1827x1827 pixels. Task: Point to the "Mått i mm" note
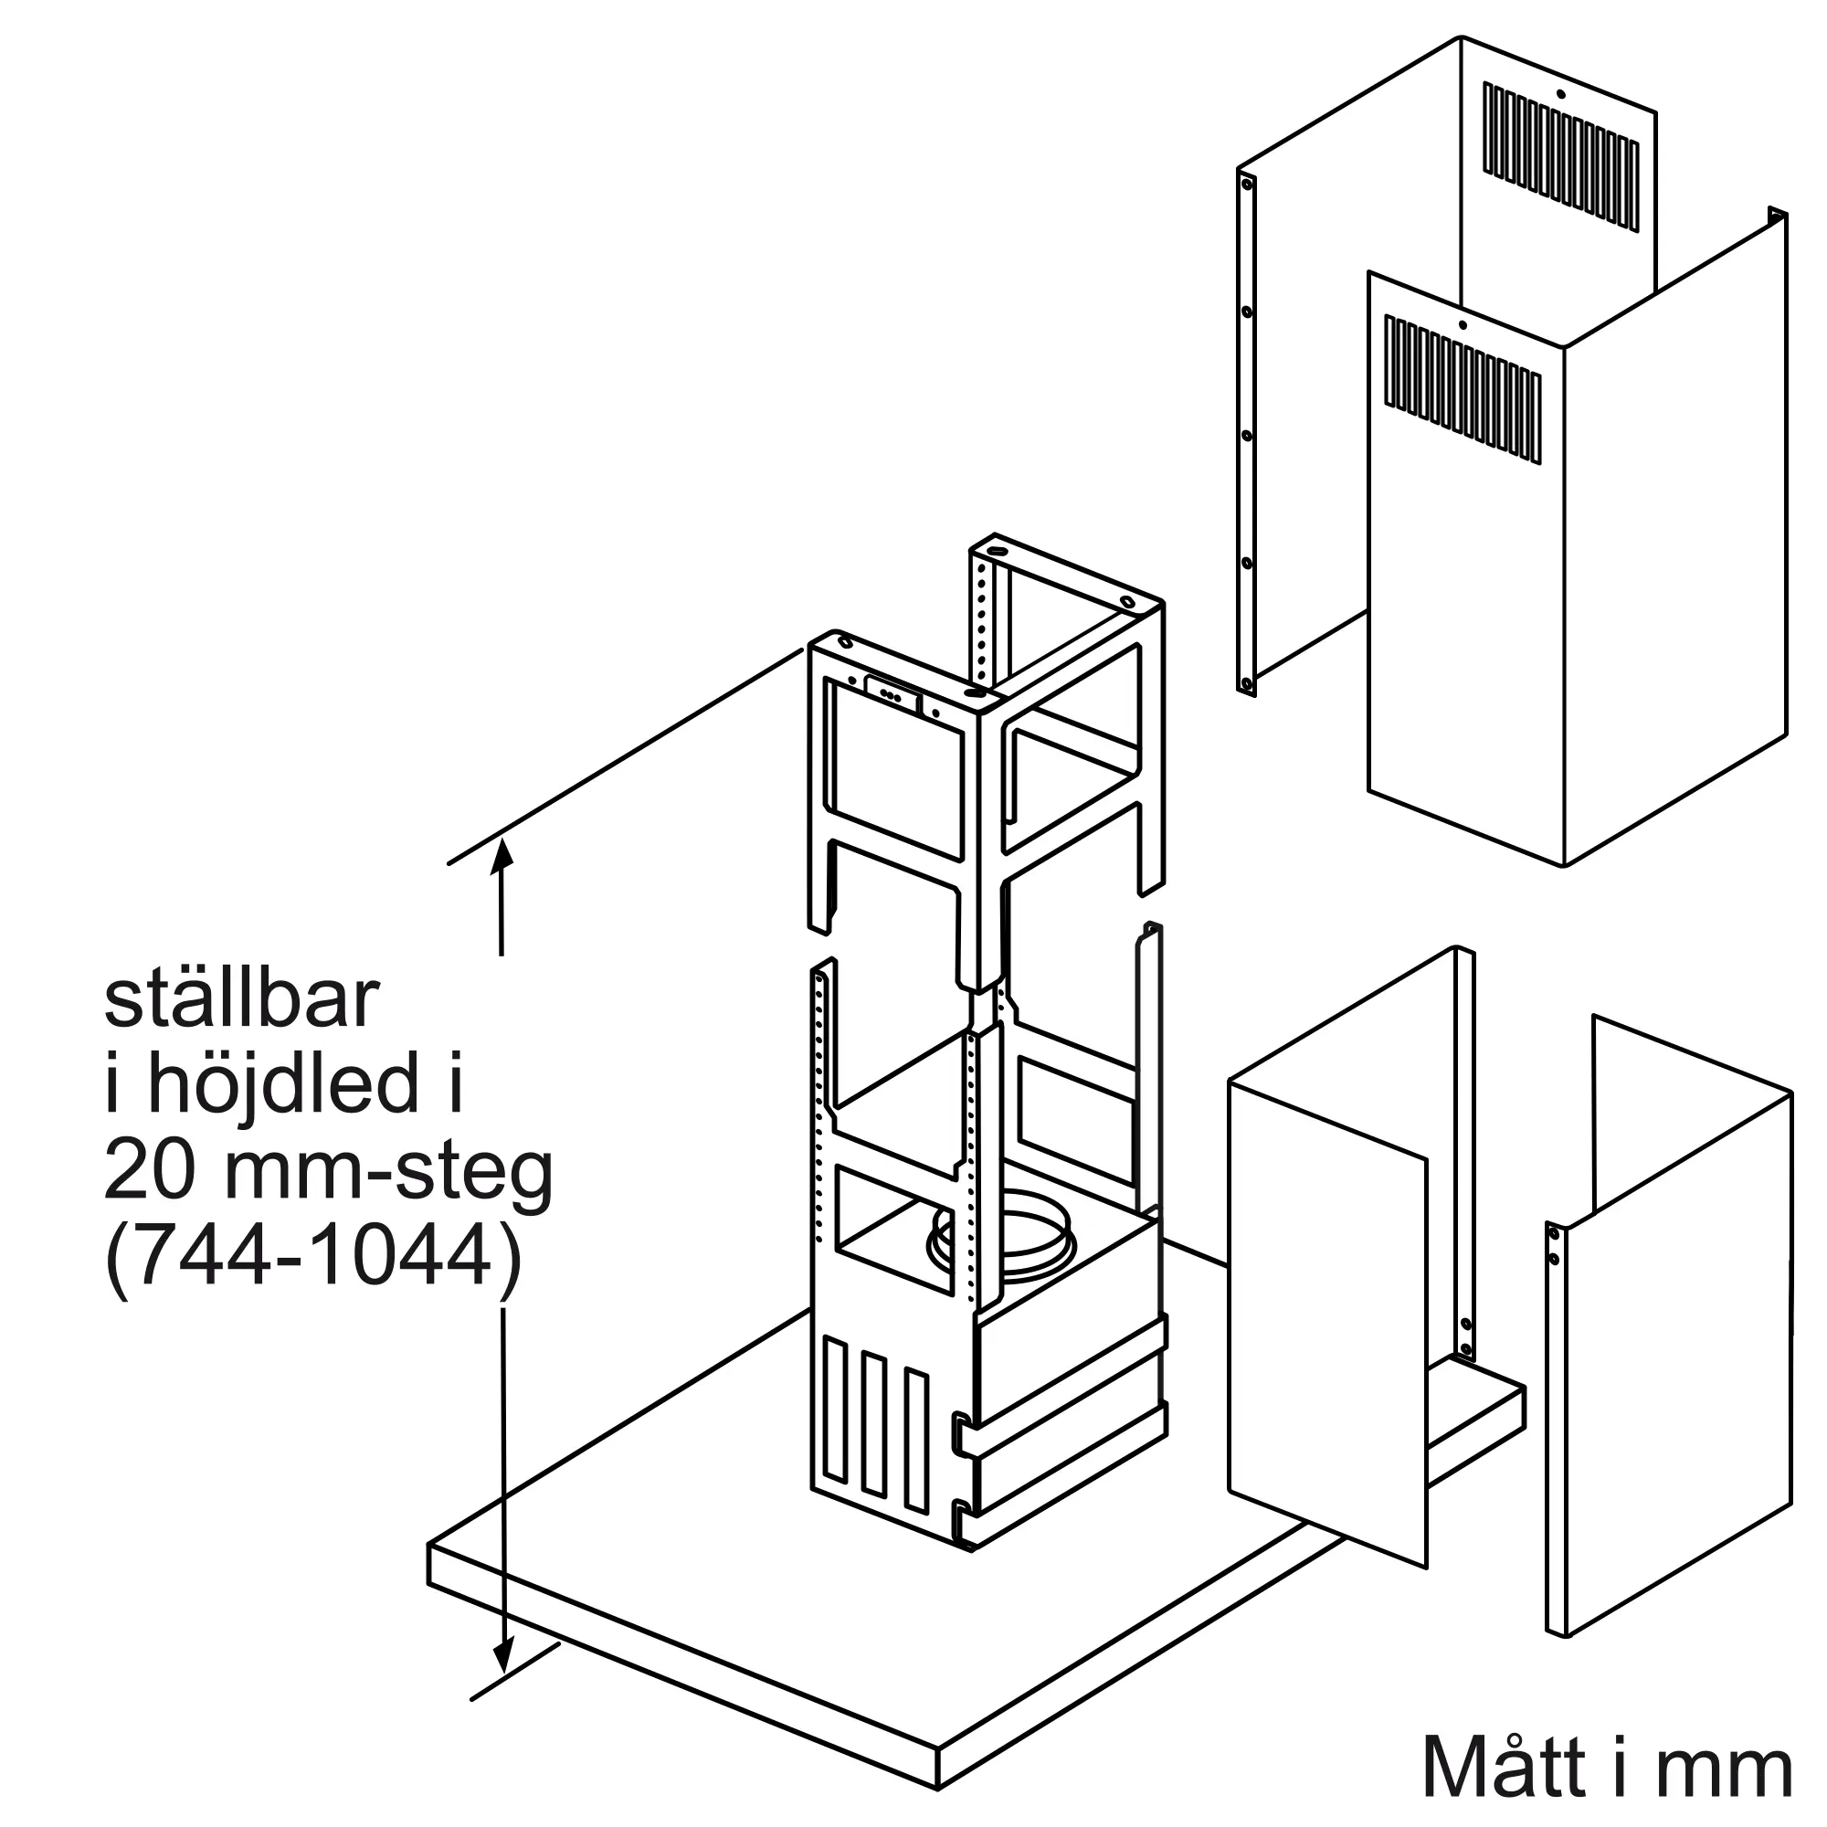[1607, 1768]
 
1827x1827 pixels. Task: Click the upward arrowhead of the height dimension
[503, 853]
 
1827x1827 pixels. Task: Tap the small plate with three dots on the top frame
[892, 693]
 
